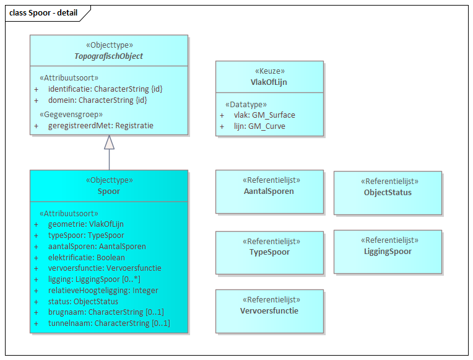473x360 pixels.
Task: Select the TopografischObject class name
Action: pyautogui.click(x=109, y=56)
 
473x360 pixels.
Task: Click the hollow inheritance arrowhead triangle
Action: pyautogui.click(x=109, y=143)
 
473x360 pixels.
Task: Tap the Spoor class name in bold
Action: pyautogui.click(x=109, y=191)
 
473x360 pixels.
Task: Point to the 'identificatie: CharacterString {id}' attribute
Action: pyautogui.click(x=105, y=89)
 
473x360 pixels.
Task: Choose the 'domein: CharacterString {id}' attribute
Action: pyautogui.click(x=97, y=100)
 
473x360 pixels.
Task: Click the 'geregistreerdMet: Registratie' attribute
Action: pyautogui.click(x=100, y=125)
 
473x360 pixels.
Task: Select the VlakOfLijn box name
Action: pyautogui.click(x=269, y=82)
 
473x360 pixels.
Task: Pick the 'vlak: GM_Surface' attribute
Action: pyautogui.click(x=264, y=115)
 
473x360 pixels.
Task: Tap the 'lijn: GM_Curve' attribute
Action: pyautogui.click(x=259, y=126)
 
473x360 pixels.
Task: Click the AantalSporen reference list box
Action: pyautogui.click(x=269, y=191)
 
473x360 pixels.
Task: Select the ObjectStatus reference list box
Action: pyautogui.click(x=388, y=193)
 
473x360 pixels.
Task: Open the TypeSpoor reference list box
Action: pyautogui.click(x=269, y=252)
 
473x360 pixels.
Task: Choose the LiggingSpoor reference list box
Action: pyautogui.click(x=388, y=252)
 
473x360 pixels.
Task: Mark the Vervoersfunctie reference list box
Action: pyautogui.click(x=269, y=311)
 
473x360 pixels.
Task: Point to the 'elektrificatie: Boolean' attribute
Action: pyautogui.click(x=86, y=257)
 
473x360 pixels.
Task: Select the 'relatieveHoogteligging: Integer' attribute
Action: pyautogui.click(x=103, y=291)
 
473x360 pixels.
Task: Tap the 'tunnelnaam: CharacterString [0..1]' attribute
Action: pyautogui.click(x=108, y=323)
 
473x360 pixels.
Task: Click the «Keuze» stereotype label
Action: pyautogui.click(x=269, y=71)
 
